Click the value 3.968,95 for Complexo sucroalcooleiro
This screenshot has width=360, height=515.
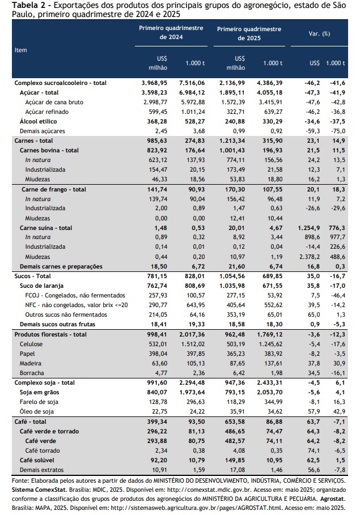[x=154, y=83]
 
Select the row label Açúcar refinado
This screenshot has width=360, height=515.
[x=47, y=112]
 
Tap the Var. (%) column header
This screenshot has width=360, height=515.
[x=319, y=33]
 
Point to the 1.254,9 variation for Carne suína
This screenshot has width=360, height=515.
[x=309, y=228]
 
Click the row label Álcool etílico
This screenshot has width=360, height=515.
[x=38, y=121]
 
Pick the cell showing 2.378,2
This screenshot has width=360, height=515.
[x=310, y=257]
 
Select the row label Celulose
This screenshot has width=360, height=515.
[x=31, y=344]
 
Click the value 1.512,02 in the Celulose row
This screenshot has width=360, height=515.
[x=193, y=344]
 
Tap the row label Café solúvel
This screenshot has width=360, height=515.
[x=37, y=460]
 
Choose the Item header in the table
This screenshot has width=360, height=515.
[x=21, y=50]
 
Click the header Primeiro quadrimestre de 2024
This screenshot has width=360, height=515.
[x=171, y=32]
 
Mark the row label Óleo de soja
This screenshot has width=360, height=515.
[x=36, y=411]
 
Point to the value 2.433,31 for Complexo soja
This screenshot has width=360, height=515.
[x=270, y=382]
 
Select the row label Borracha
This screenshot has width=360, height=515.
[x=32, y=373]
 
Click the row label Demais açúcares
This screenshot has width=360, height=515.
[x=43, y=131]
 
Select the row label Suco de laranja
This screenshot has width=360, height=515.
[x=41, y=286]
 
